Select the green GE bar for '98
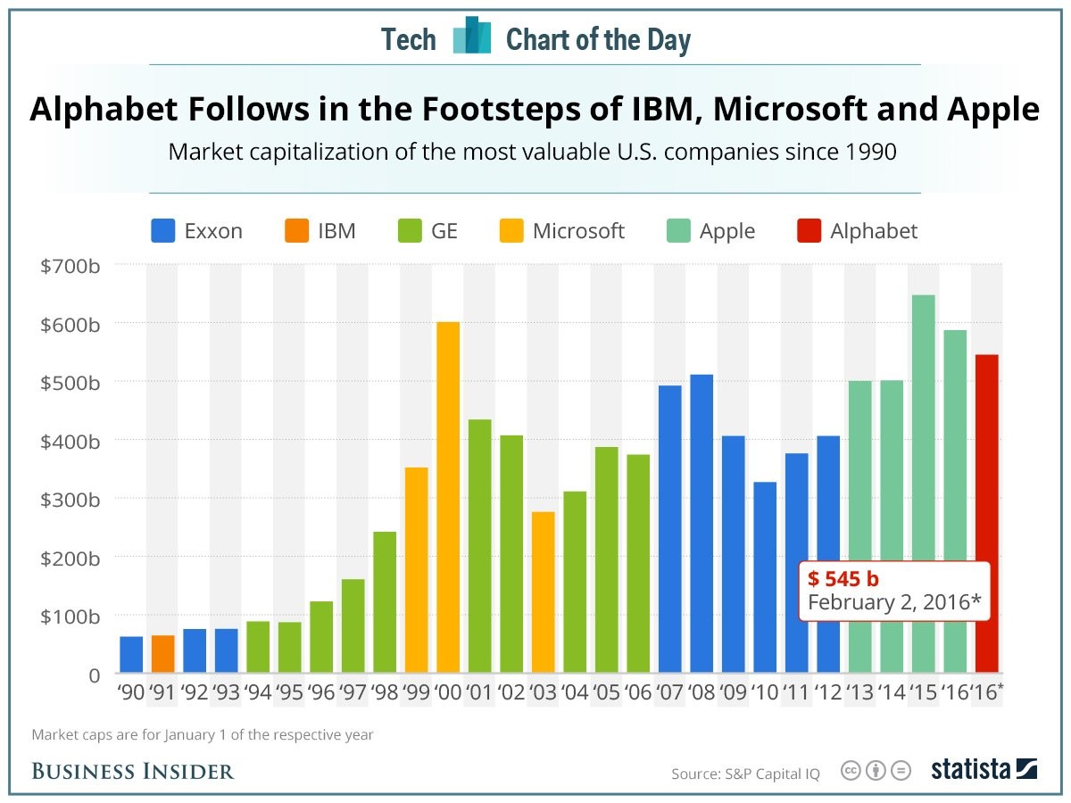[x=385, y=601]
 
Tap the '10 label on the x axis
[x=765, y=693]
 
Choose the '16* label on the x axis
[x=988, y=693]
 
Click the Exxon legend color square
[x=162, y=231]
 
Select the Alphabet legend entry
[x=873, y=231]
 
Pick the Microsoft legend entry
[x=577, y=231]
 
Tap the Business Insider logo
[x=133, y=771]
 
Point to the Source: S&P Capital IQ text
[x=745, y=774]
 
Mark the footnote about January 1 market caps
[x=202, y=735]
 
